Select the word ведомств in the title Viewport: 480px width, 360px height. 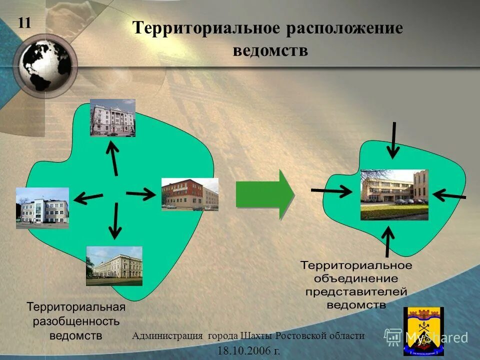(270, 50)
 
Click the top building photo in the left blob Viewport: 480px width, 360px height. (112, 118)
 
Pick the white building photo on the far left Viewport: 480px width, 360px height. (42, 208)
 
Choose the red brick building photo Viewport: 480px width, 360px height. (189, 194)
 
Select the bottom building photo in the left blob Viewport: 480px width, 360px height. (114, 265)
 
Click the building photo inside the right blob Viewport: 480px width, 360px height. (394, 194)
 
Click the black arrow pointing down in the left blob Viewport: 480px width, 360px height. (115, 220)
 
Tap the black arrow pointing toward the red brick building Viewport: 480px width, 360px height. (141, 194)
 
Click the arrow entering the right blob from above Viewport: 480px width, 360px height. (394, 138)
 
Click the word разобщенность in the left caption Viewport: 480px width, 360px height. (76, 320)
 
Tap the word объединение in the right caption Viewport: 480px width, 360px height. (356, 278)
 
